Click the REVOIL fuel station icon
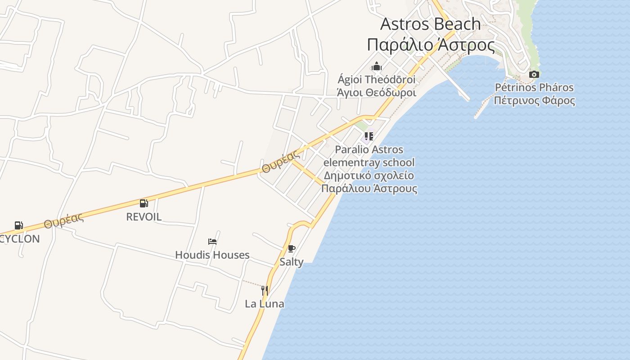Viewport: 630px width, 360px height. pos(144,203)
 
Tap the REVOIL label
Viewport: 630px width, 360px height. pos(144,217)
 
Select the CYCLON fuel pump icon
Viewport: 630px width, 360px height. pos(18,225)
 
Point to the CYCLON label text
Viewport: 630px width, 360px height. pos(20,239)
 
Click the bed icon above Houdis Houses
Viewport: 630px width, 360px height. pos(212,242)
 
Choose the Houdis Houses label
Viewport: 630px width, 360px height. pos(212,255)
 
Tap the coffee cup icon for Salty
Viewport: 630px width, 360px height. pos(292,249)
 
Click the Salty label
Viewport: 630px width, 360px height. pos(292,262)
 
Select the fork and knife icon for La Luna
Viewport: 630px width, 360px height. pos(265,291)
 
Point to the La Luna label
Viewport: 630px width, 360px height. pos(265,304)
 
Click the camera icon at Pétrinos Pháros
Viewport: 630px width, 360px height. pos(534,74)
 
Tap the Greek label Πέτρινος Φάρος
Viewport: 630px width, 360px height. pos(534,100)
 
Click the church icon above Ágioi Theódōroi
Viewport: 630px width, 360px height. pos(377,67)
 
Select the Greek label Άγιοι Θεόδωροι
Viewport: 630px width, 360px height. pos(377,93)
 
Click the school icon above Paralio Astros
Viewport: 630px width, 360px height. pos(369,136)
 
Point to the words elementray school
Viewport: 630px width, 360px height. pos(369,162)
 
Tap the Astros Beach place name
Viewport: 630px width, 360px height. pos(431,24)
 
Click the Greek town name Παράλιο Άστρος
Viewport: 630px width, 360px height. pos(431,45)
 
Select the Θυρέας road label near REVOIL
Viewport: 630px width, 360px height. pos(64,220)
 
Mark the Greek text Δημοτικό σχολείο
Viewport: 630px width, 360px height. pos(369,175)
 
